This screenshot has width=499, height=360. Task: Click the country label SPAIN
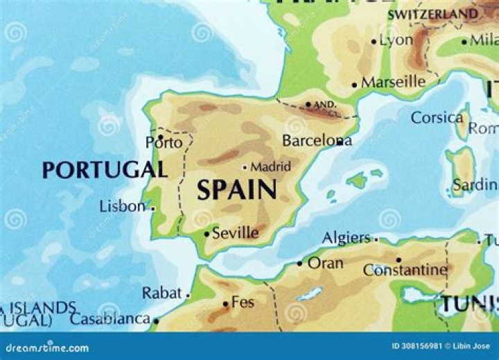(237, 189)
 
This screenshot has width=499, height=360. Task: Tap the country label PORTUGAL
(105, 170)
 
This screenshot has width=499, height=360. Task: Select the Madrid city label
(270, 166)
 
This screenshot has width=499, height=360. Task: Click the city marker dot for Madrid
(245, 167)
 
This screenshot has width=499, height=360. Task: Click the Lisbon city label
(123, 207)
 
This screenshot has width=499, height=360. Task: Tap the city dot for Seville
(207, 234)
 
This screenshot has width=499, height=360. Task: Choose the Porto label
(164, 143)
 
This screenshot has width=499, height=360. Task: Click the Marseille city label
(393, 82)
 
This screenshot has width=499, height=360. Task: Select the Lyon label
(396, 40)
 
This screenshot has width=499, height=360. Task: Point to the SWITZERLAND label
(432, 14)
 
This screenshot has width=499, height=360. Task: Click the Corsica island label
(437, 117)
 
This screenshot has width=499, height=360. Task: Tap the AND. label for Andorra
(325, 105)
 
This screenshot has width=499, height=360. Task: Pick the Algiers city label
(346, 238)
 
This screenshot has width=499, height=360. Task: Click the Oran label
(325, 264)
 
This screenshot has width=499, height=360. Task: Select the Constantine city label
(405, 270)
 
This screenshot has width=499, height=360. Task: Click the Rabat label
(161, 293)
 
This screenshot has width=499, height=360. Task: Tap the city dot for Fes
(226, 304)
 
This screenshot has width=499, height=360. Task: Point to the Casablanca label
(110, 319)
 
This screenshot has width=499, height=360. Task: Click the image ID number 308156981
(416, 346)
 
